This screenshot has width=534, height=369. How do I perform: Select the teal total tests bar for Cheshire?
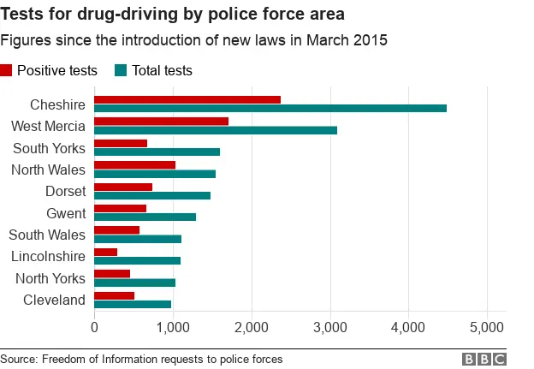pyautogui.click(x=270, y=109)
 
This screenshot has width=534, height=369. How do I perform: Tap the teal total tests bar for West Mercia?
pyautogui.click(x=215, y=130)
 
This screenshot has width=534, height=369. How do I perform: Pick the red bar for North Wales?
pyautogui.click(x=134, y=164)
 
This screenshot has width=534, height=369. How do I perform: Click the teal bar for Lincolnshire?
pyautogui.click(x=137, y=260)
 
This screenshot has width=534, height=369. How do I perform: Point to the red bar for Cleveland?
pyautogui.click(x=114, y=295)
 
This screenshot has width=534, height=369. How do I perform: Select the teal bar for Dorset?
pyautogui.click(x=151, y=195)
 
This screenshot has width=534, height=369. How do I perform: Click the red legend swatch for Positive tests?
pyautogui.click(x=7, y=71)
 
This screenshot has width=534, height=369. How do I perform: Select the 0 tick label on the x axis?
pyautogui.click(x=94, y=327)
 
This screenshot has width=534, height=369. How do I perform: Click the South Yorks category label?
pyautogui.click(x=49, y=148)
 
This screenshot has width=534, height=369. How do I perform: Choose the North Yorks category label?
pyautogui.click(x=50, y=277)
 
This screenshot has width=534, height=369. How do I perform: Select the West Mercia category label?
pyautogui.click(x=48, y=126)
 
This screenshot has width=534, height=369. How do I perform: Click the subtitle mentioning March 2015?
pyautogui.click(x=193, y=40)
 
